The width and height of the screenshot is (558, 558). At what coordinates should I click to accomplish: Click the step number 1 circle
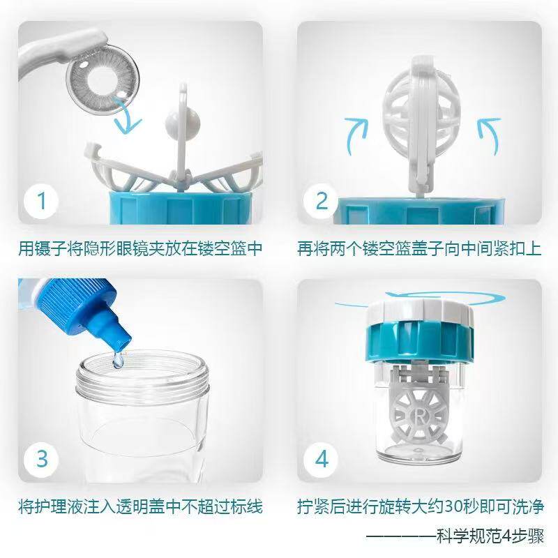point(41,201)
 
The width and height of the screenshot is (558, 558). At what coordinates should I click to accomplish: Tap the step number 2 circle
point(322,201)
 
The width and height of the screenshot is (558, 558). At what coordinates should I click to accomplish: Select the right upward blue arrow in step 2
point(488,135)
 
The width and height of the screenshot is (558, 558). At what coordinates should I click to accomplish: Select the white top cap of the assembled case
point(421,309)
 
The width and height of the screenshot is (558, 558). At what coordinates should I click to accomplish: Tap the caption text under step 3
point(140,506)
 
